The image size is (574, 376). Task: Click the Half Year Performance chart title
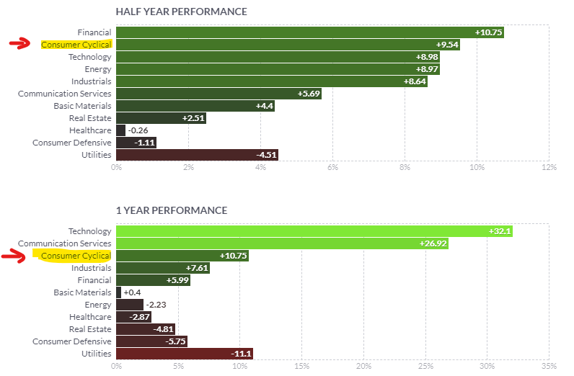pyautogui.click(x=181, y=12)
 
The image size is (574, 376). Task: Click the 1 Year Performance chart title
pyautogui.click(x=172, y=210)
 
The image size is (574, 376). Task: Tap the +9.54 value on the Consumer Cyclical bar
pyautogui.click(x=446, y=45)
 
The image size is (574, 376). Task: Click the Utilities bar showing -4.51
pyautogui.click(x=196, y=155)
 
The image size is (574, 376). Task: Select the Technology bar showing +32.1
pyautogui.click(x=314, y=231)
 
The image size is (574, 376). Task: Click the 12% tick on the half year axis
pyautogui.click(x=549, y=168)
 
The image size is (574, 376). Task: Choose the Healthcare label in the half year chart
pyautogui.click(x=90, y=130)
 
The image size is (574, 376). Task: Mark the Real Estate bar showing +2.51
pyautogui.click(x=160, y=118)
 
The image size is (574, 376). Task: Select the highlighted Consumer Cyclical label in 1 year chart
pyautogui.click(x=76, y=256)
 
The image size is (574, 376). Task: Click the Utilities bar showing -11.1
pyautogui.click(x=184, y=354)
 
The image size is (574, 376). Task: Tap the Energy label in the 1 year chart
pyautogui.click(x=99, y=305)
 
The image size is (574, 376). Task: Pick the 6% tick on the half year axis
pyautogui.click(x=332, y=168)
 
